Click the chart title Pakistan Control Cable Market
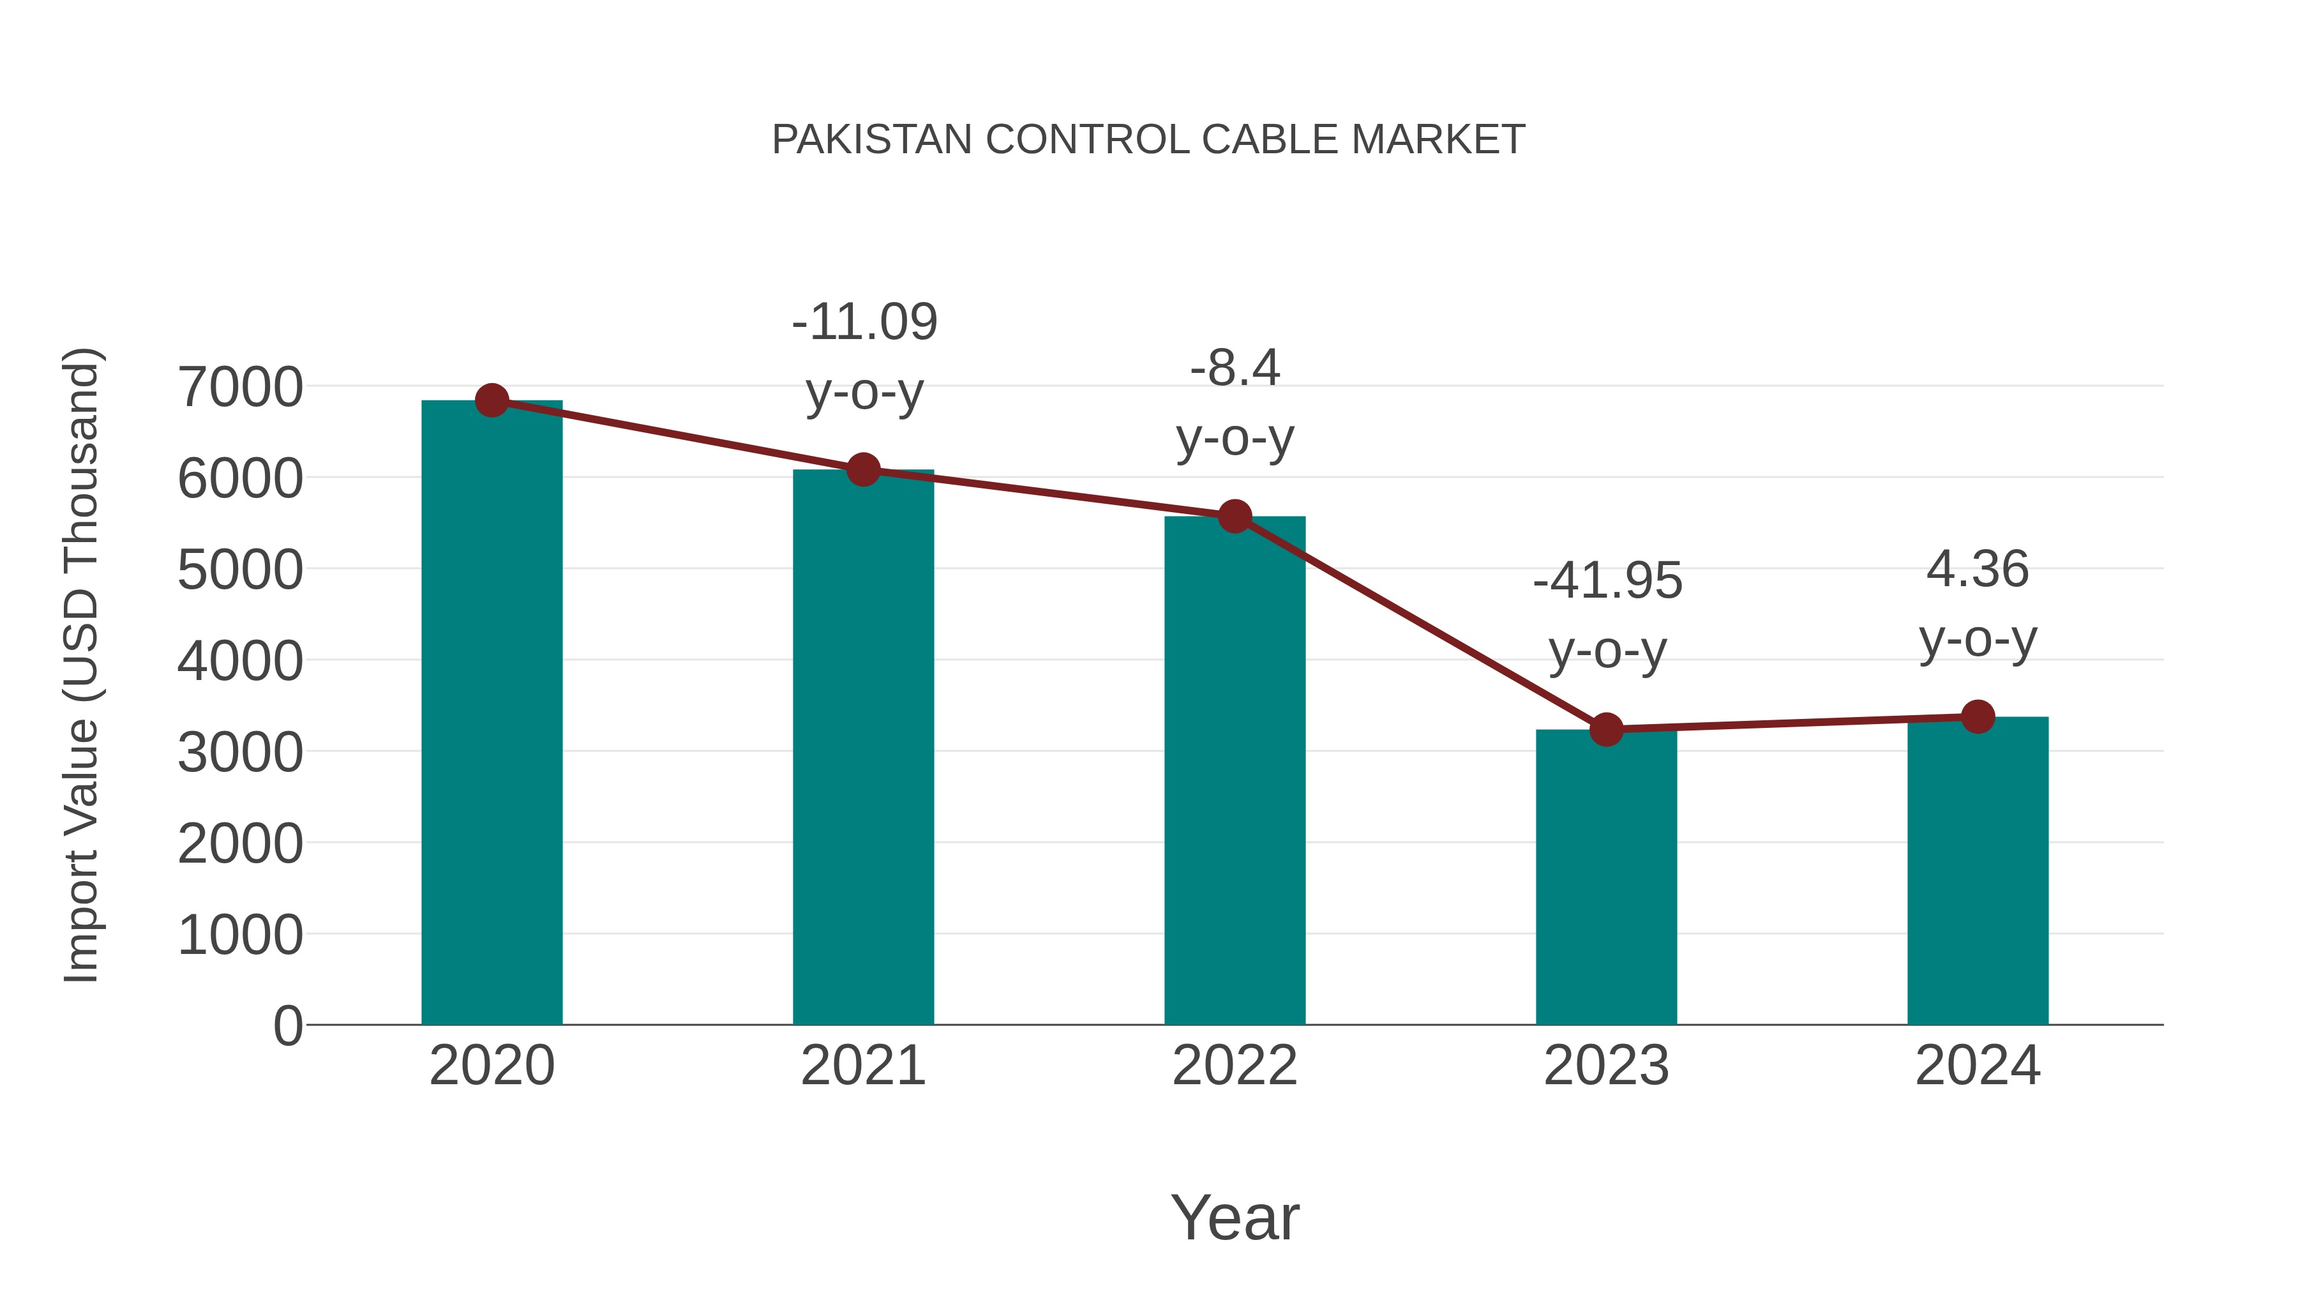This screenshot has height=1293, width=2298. [1148, 140]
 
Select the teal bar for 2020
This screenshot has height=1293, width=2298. [492, 714]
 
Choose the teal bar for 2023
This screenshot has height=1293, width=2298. [1606, 879]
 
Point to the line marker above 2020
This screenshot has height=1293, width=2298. [492, 400]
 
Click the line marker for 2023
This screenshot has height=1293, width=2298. [1606, 729]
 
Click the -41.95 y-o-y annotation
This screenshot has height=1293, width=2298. [1607, 615]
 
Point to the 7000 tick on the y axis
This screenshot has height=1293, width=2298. [240, 388]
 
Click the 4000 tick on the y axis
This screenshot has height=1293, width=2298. [240, 662]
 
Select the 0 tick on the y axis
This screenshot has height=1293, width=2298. [287, 1025]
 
